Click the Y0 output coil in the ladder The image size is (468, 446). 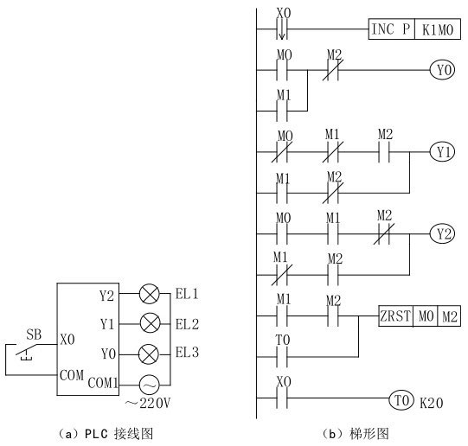[x=442, y=70]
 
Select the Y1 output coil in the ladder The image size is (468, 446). [x=442, y=152]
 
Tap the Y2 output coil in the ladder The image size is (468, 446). [x=442, y=233]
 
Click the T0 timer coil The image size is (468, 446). [x=401, y=399]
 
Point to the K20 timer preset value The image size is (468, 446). [x=432, y=403]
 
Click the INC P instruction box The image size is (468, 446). [x=392, y=29]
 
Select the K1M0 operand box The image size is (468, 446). [x=438, y=29]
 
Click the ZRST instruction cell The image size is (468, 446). [x=396, y=315]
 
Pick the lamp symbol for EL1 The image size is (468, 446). [x=150, y=294]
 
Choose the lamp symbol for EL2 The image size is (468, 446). [x=150, y=323]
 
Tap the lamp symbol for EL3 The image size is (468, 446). [x=149, y=354]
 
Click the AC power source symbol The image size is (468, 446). [x=150, y=385]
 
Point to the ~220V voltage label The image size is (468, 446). [x=148, y=403]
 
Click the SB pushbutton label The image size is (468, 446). [x=34, y=334]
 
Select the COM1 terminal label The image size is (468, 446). [x=103, y=383]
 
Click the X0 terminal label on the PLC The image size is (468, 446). [x=67, y=340]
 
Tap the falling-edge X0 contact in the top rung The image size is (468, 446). [x=282, y=29]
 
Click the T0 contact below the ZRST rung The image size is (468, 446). [x=282, y=357]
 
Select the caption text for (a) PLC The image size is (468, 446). [x=106, y=434]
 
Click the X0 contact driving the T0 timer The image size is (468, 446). [x=282, y=398]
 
